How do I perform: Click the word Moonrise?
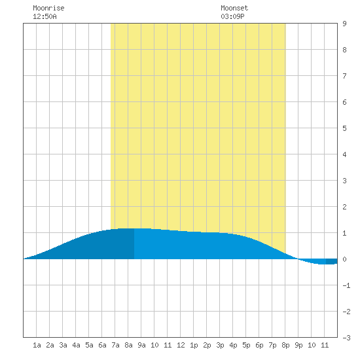tap(48, 8)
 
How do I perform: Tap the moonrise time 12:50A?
tap(45, 16)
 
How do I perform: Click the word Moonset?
tap(234, 8)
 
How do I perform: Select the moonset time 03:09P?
tap(232, 16)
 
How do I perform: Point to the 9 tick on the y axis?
tap(344, 24)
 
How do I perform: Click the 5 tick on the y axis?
tap(344, 128)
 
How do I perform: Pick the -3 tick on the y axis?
tap(347, 338)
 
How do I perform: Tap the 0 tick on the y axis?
tap(344, 259)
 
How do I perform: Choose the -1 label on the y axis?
tap(347, 285)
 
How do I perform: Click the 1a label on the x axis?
tap(37, 345)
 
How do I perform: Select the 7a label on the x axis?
tap(115, 345)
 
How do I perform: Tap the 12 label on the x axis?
tap(181, 345)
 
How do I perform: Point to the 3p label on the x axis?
tap(220, 345)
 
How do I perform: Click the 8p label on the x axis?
tap(285, 345)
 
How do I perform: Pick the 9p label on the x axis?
tap(298, 345)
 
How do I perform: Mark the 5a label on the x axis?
tap(89, 345)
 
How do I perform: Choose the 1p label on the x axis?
tap(194, 345)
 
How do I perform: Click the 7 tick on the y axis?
tap(344, 76)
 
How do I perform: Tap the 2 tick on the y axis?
tap(344, 207)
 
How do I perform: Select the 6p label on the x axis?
tap(259, 345)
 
